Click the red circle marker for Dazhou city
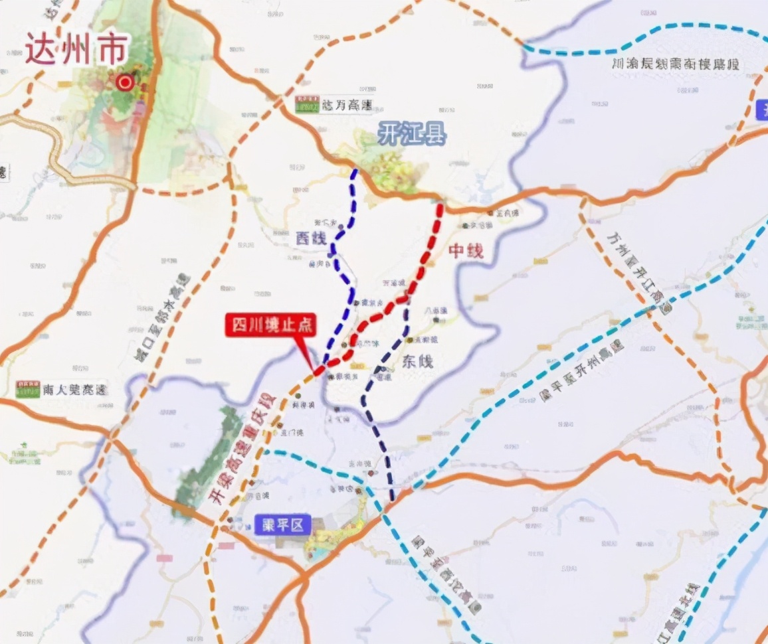124,82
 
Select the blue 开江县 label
412,134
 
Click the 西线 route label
311,238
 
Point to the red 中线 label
466,251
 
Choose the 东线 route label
417,362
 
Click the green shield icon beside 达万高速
307,104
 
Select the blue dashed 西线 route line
341,266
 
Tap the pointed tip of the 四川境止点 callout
314,370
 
